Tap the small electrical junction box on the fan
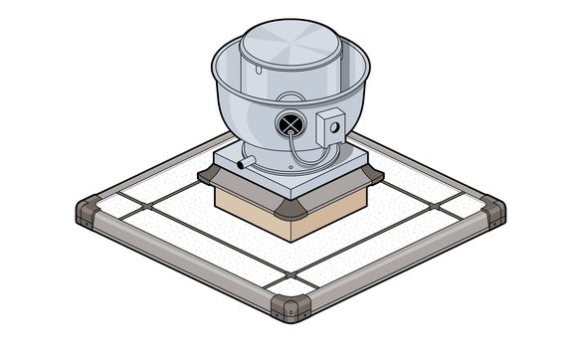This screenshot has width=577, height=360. coord(331,124)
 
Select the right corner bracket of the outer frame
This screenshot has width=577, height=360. coord(492,211)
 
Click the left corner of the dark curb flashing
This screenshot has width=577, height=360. coord(211,175)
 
